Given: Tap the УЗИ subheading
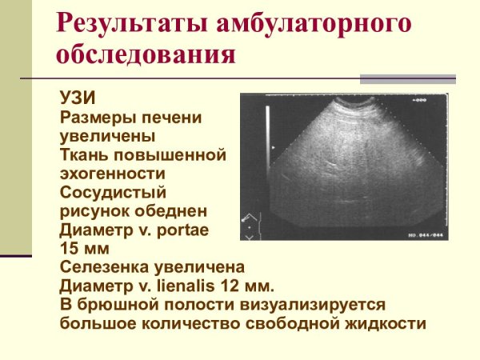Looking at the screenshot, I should click(x=78, y=98).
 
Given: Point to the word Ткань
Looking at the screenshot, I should click(x=84, y=154).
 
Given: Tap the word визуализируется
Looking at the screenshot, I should click(x=318, y=305).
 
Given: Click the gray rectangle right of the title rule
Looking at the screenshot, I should click(x=407, y=79).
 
